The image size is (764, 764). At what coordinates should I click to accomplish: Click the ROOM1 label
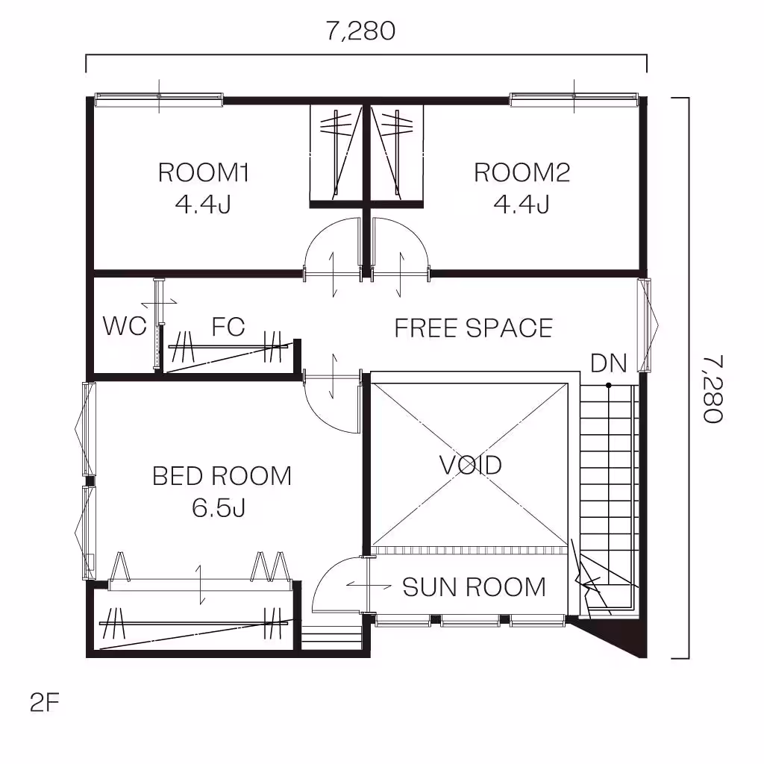pos(203,172)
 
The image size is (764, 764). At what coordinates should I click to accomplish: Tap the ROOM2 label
pos(522,172)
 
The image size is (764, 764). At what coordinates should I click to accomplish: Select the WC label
pos(125,326)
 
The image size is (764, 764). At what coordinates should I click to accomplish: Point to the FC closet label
pos(228,327)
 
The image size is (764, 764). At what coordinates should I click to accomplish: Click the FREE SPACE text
pos(474,328)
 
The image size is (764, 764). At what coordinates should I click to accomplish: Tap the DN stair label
pos(609,363)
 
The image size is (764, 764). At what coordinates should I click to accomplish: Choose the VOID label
pos(471,465)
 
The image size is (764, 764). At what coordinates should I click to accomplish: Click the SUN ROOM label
pos(474,587)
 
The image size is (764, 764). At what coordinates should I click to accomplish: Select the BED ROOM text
pos(222,476)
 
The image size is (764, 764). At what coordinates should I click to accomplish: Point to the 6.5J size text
pos(219,508)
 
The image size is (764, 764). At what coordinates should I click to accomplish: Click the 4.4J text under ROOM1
pos(203,204)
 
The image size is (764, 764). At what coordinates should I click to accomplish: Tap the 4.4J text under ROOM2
pos(522,204)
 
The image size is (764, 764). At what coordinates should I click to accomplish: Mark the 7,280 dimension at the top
pos(360,31)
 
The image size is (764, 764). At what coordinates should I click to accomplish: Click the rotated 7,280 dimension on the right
pos(713,389)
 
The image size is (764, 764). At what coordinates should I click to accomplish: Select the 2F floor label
pos(44,703)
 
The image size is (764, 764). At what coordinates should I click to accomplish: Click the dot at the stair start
pos(609,386)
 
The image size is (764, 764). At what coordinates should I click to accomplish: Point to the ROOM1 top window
pos(159,99)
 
